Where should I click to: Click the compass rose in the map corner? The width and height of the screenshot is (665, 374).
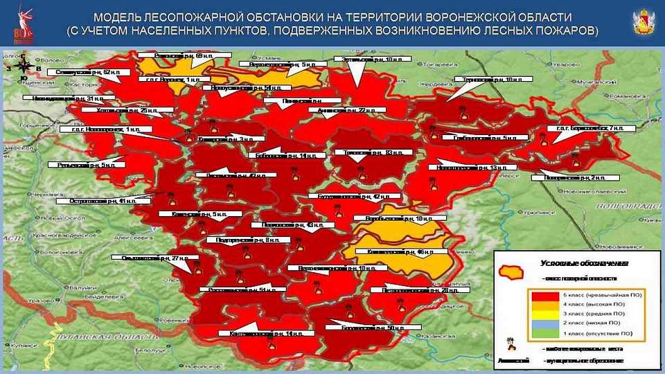pos(24,66)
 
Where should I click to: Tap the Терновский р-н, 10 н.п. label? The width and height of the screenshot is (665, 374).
pos(493,80)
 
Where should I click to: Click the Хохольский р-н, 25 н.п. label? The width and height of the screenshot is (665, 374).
pos(117,110)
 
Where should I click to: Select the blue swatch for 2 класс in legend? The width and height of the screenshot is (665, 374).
pos(547,324)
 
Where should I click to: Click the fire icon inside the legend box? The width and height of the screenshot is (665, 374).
pos(511,344)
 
